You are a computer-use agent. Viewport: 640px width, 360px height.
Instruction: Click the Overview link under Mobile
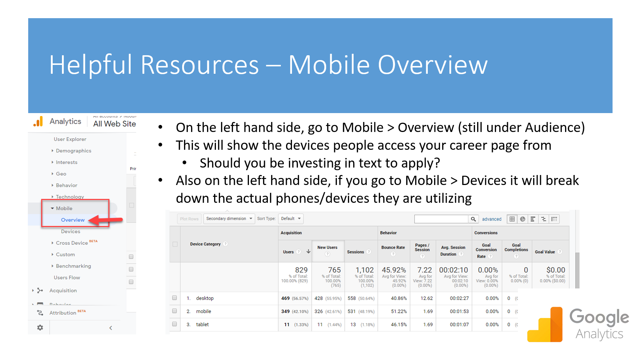[73, 220]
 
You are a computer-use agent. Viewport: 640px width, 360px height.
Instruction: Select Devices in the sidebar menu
[70, 231]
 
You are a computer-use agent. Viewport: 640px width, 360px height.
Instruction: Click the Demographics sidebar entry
[73, 151]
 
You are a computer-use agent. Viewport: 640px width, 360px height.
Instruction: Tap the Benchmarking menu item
[73, 266]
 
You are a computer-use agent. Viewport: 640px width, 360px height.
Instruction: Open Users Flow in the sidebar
[67, 277]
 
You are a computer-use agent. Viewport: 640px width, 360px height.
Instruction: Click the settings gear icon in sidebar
[40, 327]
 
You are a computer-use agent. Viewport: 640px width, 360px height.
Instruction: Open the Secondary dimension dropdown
[229, 219]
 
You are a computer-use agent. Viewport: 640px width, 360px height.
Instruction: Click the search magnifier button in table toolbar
[473, 219]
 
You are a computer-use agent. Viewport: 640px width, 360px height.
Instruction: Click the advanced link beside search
[492, 219]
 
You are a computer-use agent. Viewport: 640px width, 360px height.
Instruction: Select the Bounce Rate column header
[393, 247]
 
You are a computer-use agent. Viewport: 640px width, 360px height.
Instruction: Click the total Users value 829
[301, 270]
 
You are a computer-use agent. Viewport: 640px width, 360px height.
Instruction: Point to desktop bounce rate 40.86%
[398, 298]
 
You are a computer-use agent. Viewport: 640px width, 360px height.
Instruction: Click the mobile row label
[203, 311]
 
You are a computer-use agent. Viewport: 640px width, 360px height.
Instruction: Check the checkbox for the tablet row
[174, 324]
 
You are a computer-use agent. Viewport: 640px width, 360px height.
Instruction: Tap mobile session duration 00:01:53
[459, 311]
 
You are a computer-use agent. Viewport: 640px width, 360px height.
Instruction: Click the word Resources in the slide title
[199, 65]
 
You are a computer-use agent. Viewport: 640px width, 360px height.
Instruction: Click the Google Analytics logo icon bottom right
[545, 324]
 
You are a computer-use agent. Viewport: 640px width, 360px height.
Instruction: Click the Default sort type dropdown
[291, 219]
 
